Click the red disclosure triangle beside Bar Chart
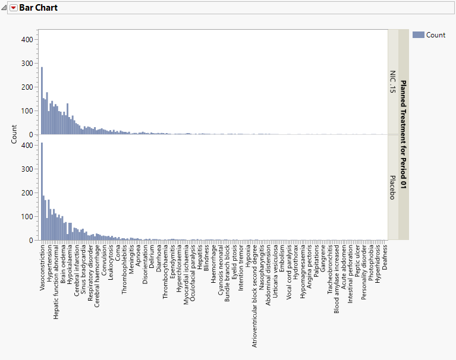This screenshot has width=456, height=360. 14,8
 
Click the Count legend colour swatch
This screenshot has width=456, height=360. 418,35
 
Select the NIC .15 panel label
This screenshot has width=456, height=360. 392,82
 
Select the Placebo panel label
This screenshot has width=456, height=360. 392,187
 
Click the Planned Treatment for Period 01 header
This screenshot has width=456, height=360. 404,134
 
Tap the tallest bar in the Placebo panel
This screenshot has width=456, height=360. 41,191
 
